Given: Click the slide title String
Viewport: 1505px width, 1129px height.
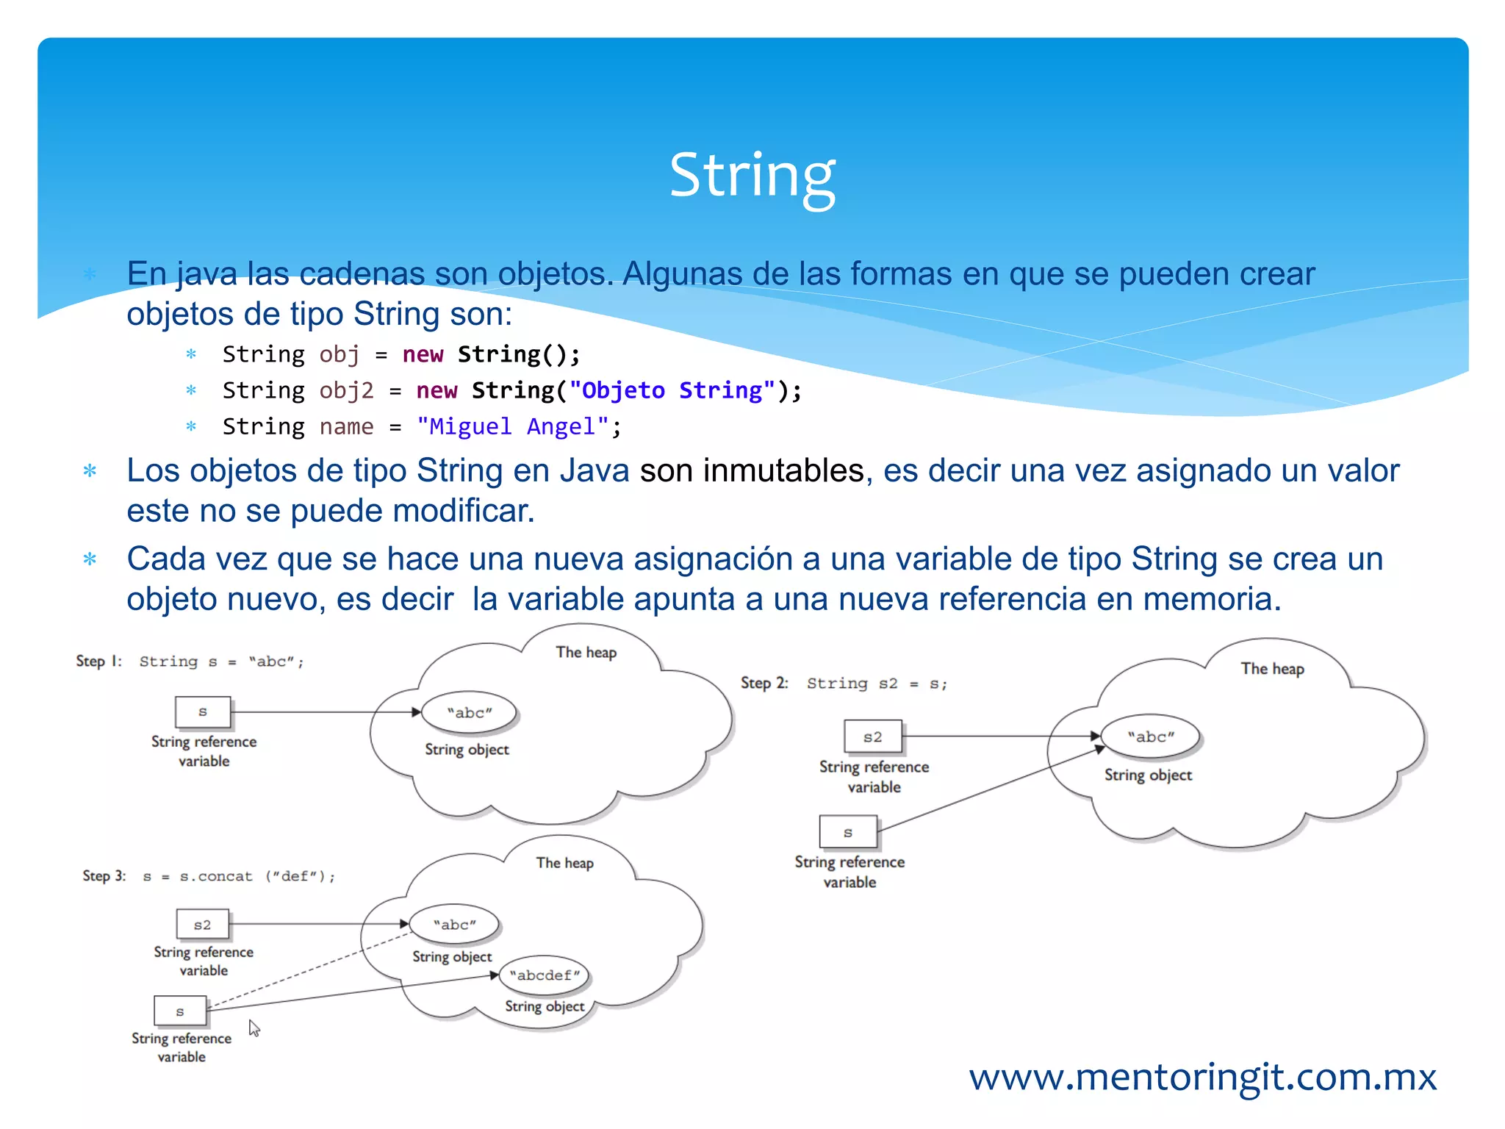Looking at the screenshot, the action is (752, 176).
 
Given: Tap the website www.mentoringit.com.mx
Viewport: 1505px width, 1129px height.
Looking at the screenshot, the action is (1202, 1078).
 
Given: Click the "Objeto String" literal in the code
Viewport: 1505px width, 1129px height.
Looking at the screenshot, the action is (672, 390).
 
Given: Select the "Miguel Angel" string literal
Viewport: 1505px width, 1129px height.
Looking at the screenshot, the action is (512, 426).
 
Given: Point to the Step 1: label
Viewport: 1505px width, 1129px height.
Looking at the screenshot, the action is (98, 661).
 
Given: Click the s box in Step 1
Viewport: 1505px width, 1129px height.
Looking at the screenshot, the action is (203, 712).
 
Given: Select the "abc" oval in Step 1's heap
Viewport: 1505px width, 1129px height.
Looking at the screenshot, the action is (470, 712).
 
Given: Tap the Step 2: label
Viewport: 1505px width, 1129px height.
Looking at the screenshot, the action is (764, 683).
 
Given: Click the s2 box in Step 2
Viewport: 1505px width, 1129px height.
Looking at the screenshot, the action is (872, 736).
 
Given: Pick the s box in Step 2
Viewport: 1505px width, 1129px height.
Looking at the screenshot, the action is (848, 832).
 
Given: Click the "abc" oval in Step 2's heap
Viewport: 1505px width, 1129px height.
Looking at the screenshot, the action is (1151, 736).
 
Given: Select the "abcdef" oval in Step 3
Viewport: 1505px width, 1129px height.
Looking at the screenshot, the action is (545, 975).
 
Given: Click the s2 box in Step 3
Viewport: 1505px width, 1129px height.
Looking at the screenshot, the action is (202, 925).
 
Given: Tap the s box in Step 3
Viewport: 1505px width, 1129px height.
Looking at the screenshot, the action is (180, 1011).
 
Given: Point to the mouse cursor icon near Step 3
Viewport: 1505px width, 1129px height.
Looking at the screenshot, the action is (254, 1028).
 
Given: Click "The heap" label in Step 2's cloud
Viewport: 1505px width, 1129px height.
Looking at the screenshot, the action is (1272, 669).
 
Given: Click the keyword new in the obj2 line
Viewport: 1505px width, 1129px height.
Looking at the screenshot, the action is (437, 390).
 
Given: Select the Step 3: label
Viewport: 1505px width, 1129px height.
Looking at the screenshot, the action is (104, 875).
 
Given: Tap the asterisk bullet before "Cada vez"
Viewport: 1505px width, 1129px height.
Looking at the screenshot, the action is (90, 559).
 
